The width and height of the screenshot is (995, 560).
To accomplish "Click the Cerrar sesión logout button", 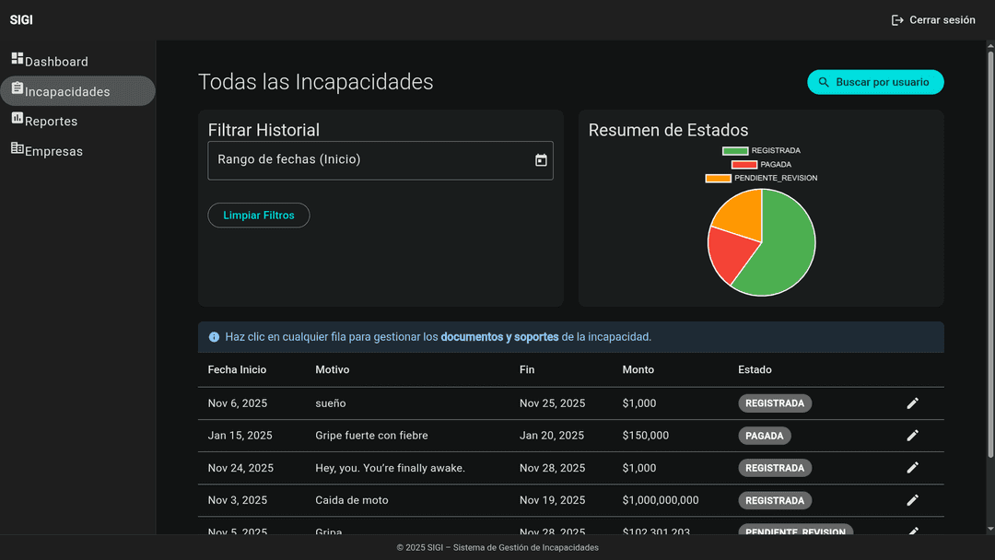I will (x=933, y=20).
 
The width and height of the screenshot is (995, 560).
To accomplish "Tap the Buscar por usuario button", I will (x=875, y=82).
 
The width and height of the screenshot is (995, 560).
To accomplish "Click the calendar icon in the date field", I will (x=541, y=160).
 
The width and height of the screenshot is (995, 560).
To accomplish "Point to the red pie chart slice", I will (x=728, y=252).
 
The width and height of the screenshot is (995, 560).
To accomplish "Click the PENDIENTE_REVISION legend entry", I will (x=763, y=178).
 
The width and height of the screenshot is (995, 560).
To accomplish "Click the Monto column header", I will (x=638, y=369).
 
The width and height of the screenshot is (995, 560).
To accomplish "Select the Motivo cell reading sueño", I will (x=331, y=403).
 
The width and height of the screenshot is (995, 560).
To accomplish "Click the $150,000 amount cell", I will (x=646, y=436).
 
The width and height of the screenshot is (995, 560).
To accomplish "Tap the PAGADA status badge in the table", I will (x=764, y=436).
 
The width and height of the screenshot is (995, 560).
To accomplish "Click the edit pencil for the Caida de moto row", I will (x=912, y=500).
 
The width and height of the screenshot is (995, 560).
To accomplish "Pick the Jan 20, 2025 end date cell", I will (x=552, y=436).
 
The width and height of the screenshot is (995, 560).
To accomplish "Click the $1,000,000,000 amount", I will (x=661, y=500).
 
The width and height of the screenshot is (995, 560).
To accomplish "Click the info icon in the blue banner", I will (x=215, y=337).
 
